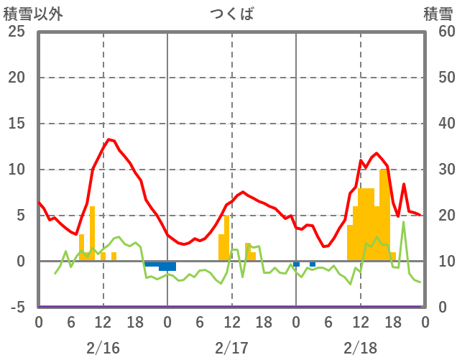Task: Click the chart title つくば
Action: tap(231, 14)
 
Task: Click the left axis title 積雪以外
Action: tap(28, 14)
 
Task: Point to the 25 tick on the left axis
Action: tap(16, 32)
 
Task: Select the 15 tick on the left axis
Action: tap(16, 124)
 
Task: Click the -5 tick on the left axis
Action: tap(16, 308)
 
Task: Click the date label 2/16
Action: tap(103, 348)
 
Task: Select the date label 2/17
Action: tap(231, 348)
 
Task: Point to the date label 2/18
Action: tap(360, 348)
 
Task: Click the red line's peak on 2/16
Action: tap(109, 139)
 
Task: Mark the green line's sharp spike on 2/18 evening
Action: tap(404, 222)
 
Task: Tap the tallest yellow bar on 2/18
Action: tap(383, 216)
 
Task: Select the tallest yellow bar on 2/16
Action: tap(92, 234)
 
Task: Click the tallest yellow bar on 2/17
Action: tap(226, 238)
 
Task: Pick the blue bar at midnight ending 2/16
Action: tap(167, 266)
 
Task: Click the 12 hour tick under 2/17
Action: tap(231, 323)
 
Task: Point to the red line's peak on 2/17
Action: tap(243, 192)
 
